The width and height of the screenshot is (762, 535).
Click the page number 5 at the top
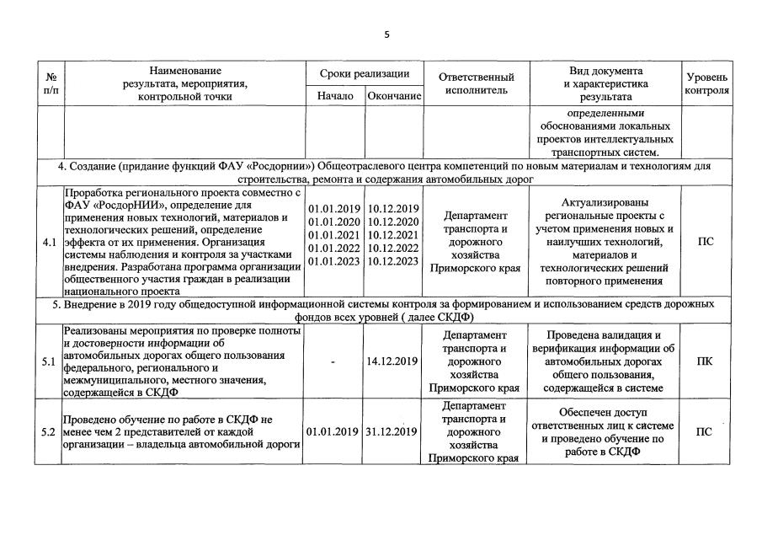pos(386,35)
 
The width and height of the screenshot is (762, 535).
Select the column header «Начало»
pos(335,96)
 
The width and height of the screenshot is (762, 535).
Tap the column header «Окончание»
pos(394,96)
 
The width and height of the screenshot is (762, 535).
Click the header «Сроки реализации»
pos(365,74)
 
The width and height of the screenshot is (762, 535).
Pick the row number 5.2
pos(50,432)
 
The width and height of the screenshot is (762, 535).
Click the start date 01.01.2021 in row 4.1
pos(334,235)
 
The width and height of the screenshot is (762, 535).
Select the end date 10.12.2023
pos(393,261)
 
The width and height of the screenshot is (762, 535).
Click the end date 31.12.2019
pos(393,432)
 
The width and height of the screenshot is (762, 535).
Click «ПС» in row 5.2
pos(706,432)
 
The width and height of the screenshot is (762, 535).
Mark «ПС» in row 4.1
pos(706,242)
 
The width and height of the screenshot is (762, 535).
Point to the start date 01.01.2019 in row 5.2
pos(334,432)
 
